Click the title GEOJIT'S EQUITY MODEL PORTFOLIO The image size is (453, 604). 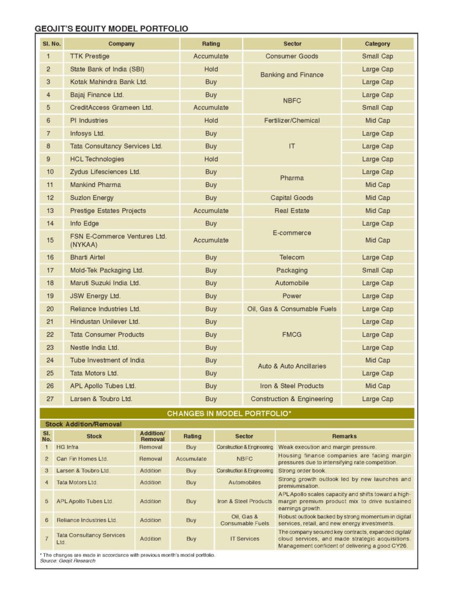click(x=111, y=28)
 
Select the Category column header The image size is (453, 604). click(x=377, y=44)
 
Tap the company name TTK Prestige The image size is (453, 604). click(x=90, y=57)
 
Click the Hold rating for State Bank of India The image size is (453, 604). click(x=211, y=69)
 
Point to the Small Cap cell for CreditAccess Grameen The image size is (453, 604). click(x=377, y=107)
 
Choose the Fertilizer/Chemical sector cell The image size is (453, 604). click(x=292, y=120)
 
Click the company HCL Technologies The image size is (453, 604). click(x=97, y=159)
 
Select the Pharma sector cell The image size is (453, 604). click(x=292, y=178)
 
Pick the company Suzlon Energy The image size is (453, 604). click(x=92, y=198)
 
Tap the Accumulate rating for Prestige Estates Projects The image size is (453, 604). click(x=211, y=211)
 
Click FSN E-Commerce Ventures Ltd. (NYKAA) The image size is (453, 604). click(x=118, y=240)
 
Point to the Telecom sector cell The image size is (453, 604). click(x=292, y=257)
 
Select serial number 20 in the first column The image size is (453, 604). click(x=50, y=309)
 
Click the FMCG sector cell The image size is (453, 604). click(x=292, y=334)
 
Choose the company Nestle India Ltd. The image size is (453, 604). click(x=94, y=347)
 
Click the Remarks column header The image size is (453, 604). click(x=344, y=436)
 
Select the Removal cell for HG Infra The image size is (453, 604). click(x=150, y=447)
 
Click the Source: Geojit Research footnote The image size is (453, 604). click(x=64, y=561)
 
